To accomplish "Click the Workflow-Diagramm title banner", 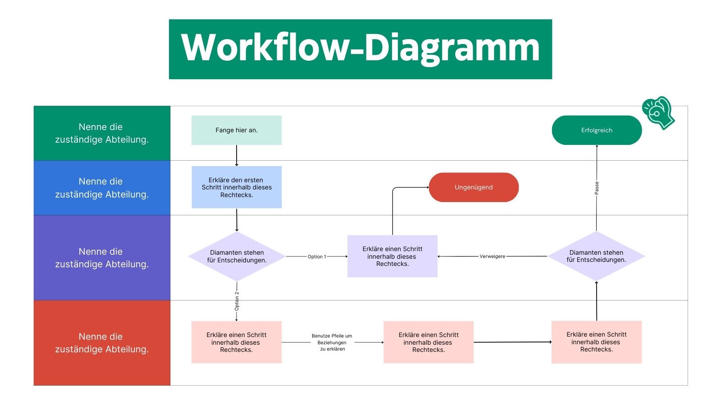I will tap(360, 49).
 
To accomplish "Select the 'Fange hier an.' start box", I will tap(236, 130).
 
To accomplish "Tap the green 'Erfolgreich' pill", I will tap(596, 130).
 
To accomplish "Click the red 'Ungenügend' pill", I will tap(474, 187).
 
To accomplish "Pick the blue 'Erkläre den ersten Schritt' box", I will tap(237, 187).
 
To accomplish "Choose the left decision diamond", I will tap(237, 256).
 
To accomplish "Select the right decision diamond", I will tap(596, 256).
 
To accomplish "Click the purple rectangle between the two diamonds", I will tap(392, 256).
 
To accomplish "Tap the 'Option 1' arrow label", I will tap(316, 256).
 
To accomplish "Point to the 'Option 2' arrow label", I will tap(237, 301).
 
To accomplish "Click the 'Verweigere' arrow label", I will tap(492, 256).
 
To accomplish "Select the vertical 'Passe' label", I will tap(597, 188).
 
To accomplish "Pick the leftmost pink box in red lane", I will tap(236, 342).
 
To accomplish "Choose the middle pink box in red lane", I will tap(428, 342).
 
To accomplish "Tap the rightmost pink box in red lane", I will tap(596, 342).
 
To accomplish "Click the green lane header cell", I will tap(102, 133).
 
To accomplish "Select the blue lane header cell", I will tap(102, 188).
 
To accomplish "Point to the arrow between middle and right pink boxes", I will tap(512, 342).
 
